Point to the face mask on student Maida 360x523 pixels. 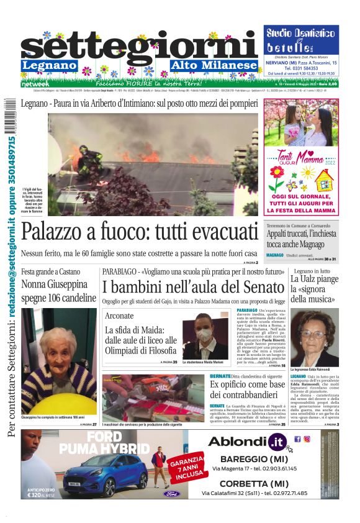tap(205, 335)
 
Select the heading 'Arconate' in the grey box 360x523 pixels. tap(119, 316)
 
